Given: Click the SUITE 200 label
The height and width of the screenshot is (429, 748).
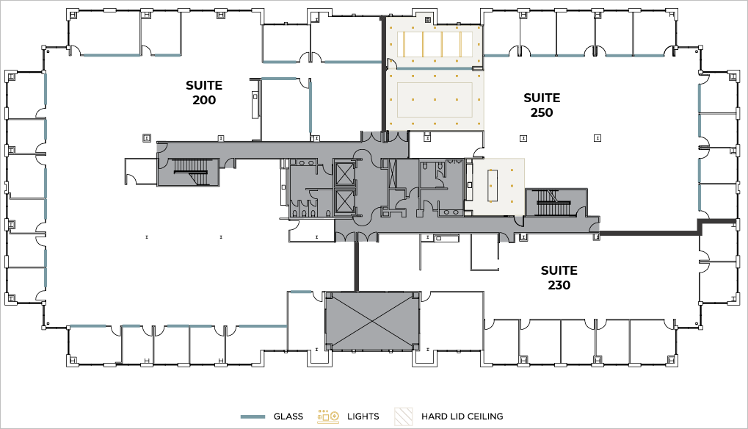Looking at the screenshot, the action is pyautogui.click(x=204, y=93).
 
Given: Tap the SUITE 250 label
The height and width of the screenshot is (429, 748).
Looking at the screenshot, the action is pyautogui.click(x=542, y=105).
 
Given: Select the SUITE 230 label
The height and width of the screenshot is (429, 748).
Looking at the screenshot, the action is pyautogui.click(x=559, y=278).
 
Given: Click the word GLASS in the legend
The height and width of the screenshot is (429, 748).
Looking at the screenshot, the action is pyautogui.click(x=288, y=417).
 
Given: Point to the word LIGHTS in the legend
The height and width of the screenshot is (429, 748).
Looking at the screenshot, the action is pyautogui.click(x=363, y=417).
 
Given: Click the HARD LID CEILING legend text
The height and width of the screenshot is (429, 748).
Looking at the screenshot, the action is pyautogui.click(x=462, y=417).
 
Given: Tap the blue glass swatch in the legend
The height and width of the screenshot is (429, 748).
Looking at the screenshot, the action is pyautogui.click(x=253, y=417).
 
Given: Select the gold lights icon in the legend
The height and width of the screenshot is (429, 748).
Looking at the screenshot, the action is pyautogui.click(x=328, y=417).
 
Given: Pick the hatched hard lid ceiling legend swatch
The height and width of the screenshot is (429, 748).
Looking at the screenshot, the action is pyautogui.click(x=404, y=417).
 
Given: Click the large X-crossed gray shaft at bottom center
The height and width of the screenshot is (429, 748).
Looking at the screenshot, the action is pyautogui.click(x=371, y=321).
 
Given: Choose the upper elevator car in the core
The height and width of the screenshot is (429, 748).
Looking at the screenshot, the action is pyautogui.click(x=345, y=174).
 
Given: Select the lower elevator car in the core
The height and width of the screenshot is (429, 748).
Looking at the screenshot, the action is pyautogui.click(x=345, y=201).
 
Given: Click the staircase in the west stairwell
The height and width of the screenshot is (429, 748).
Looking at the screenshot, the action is pyautogui.click(x=190, y=167).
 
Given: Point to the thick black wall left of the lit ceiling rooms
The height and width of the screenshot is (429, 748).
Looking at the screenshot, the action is pyautogui.click(x=382, y=74).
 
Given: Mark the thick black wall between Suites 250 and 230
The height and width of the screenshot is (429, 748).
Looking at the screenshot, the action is pyautogui.click(x=649, y=233).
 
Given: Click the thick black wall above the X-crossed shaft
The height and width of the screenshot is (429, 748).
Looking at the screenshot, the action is pyautogui.click(x=356, y=266).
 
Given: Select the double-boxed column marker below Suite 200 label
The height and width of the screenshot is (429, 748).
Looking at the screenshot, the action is pyautogui.click(x=147, y=138).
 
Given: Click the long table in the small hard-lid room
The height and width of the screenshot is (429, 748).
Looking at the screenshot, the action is pyautogui.click(x=493, y=186).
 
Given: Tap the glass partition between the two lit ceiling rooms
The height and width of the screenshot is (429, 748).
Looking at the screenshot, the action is pyautogui.click(x=435, y=69).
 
